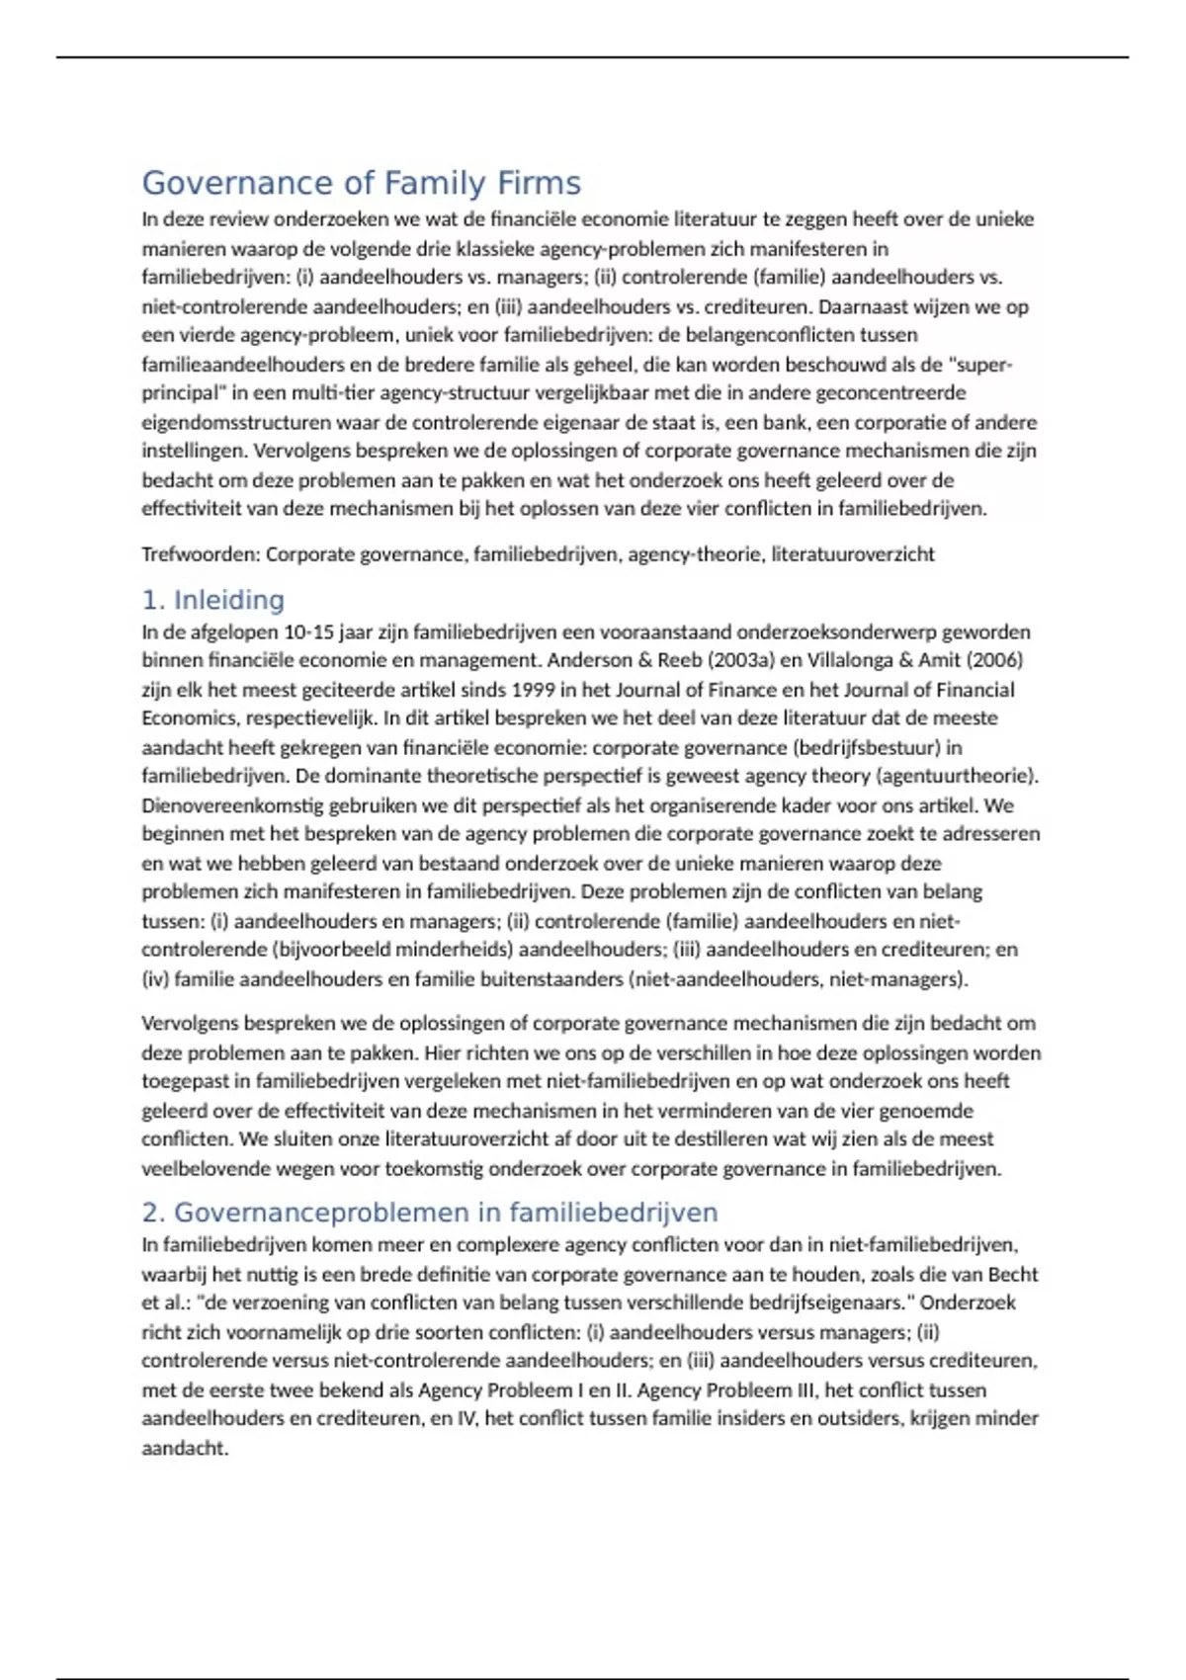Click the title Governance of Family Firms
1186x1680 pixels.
361,183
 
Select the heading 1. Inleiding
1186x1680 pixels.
212,600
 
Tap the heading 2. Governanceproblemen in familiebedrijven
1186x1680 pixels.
430,1213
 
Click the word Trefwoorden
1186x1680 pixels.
200,554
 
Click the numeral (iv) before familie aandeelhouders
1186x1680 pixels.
156,979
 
